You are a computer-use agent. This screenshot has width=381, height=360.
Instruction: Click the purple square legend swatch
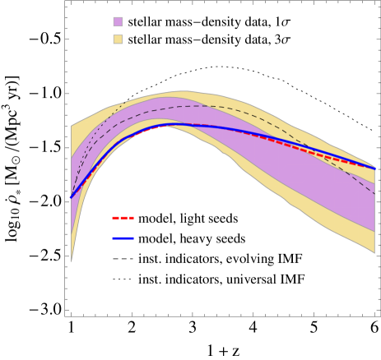click(118, 22)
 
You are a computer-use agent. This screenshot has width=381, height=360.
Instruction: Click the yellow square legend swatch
click(118, 39)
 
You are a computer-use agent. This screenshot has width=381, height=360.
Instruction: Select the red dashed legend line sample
click(123, 218)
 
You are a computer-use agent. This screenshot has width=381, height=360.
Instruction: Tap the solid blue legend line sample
click(123, 238)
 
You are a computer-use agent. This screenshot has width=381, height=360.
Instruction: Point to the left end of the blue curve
click(72, 198)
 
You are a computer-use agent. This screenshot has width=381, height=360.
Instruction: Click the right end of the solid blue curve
click(375, 169)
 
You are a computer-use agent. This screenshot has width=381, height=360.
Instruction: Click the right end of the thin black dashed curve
click(375, 195)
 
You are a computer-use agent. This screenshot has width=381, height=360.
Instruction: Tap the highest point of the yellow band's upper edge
click(183, 91)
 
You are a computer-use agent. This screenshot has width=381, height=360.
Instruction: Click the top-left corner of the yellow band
click(72, 126)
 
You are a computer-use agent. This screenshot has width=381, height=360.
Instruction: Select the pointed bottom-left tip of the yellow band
click(72, 261)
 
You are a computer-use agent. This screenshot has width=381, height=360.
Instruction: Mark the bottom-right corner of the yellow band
click(375, 253)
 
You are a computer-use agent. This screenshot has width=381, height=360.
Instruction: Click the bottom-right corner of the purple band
click(375, 232)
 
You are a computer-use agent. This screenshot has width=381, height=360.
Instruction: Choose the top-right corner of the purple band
click(375, 182)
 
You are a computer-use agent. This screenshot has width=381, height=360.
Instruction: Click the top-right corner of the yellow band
click(375, 164)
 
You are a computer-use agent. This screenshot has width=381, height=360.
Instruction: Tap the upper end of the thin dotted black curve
click(123, 105)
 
